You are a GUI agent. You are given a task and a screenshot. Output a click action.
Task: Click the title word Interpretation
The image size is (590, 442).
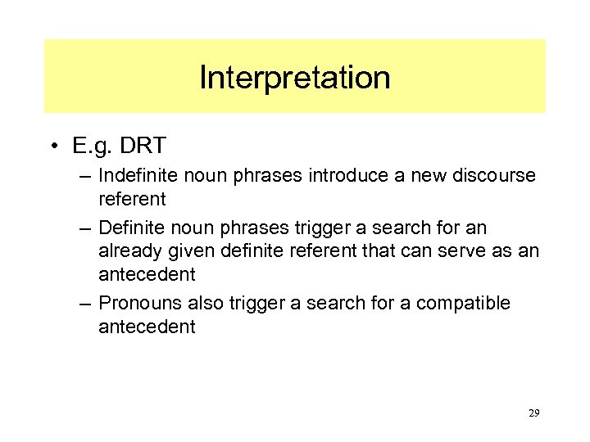coord(294,78)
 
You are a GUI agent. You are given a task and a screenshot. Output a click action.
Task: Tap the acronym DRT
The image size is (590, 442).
coord(143,147)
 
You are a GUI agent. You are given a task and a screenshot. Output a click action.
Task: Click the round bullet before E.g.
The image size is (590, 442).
coord(52,147)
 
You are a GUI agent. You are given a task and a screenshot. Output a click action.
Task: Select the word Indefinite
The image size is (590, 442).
coord(135,175)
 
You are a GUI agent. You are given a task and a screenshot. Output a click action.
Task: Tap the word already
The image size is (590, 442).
coord(127,250)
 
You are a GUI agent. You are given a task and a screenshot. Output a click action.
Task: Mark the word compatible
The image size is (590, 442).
coord(463,303)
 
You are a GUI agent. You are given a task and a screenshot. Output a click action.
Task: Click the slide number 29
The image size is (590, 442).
coord(533,413)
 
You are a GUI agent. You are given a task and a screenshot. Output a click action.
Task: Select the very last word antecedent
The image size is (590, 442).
coord(147,327)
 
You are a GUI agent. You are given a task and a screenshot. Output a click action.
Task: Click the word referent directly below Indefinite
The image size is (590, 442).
coord(132,199)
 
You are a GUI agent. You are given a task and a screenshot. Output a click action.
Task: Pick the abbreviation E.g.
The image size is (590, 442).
coord(92,147)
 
